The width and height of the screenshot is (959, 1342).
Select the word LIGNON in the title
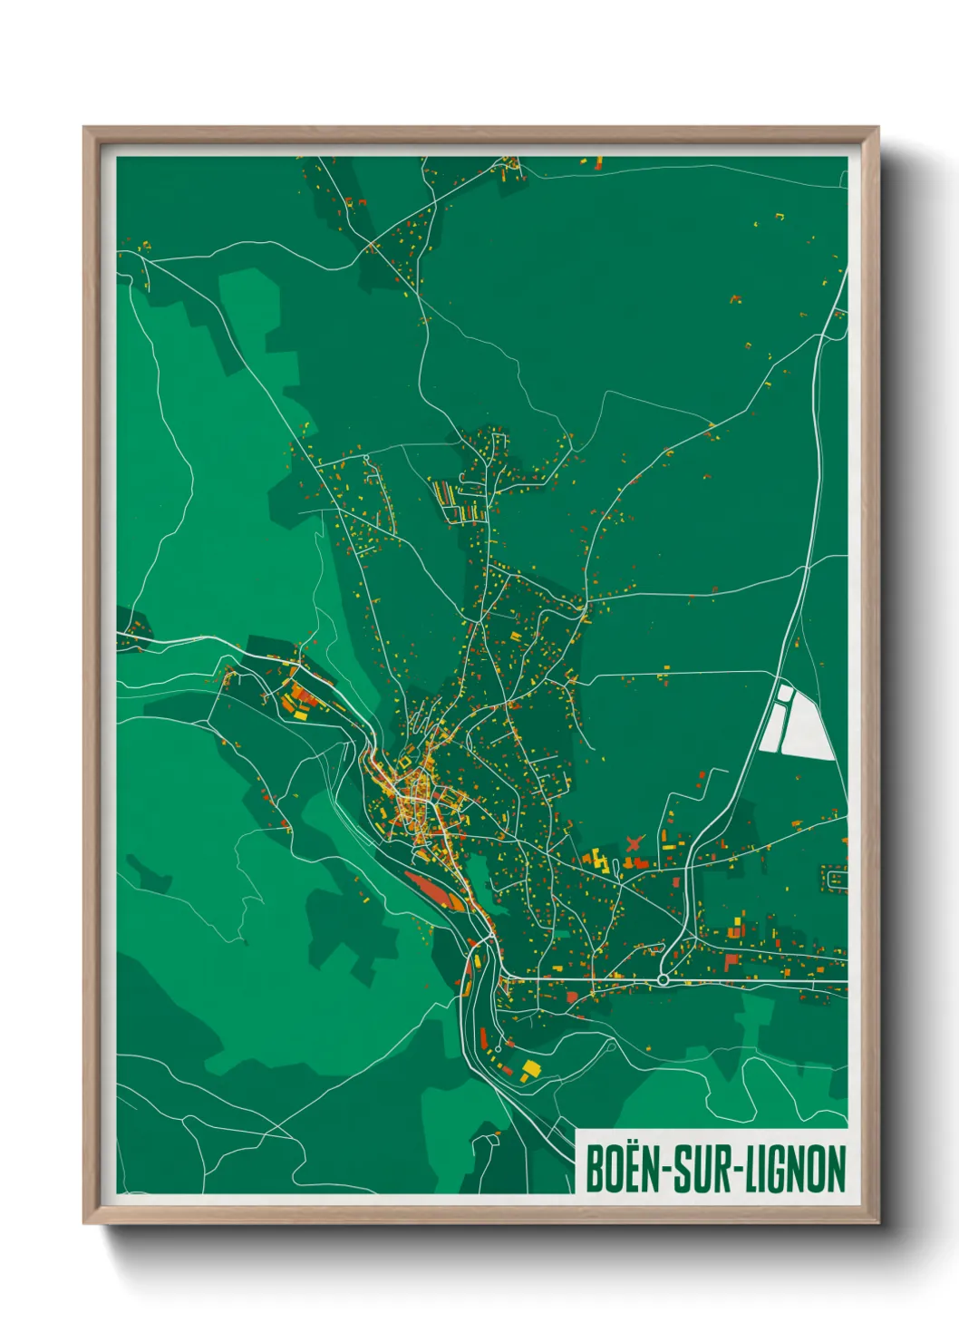(795, 1170)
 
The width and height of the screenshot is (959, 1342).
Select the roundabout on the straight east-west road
(664, 979)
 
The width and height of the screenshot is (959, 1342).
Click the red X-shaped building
(634, 843)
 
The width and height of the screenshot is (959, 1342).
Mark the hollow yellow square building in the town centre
(419, 783)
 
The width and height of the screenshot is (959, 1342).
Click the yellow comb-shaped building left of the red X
(596, 858)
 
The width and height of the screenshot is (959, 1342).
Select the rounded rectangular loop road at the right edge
(835, 878)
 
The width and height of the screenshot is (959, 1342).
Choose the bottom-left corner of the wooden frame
(85, 1223)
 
